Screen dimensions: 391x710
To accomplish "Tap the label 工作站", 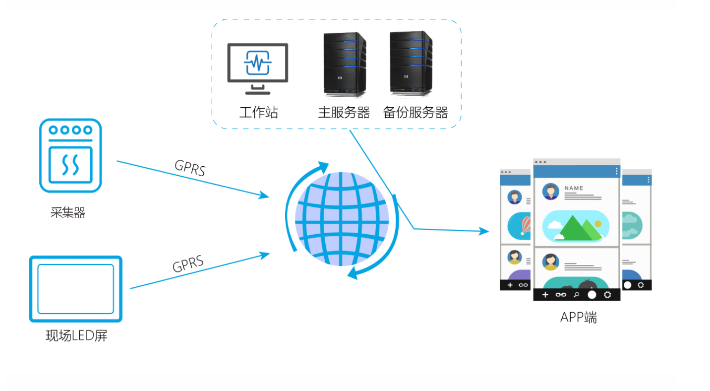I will point(258,112).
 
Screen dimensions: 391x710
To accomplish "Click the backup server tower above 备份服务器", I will point(411,64).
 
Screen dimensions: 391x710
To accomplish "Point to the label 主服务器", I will point(344,112).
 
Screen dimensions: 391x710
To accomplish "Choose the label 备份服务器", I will point(415,112).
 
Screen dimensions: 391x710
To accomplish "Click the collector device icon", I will point(70,155).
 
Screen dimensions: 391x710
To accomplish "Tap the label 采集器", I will point(68,213).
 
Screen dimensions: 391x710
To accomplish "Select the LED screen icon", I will point(75,289).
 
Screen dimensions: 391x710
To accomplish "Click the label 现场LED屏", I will point(76,336).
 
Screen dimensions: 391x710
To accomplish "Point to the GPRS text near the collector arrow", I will point(190,168).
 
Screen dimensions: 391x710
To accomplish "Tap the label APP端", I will point(578,317).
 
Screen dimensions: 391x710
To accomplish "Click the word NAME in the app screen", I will point(574,188).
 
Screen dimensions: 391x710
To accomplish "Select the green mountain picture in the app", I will point(576,226).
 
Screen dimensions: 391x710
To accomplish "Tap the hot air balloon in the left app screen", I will point(525,226).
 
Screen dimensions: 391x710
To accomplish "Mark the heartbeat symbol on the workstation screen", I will point(257,63).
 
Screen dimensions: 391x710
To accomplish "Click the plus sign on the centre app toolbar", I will point(545,295).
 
